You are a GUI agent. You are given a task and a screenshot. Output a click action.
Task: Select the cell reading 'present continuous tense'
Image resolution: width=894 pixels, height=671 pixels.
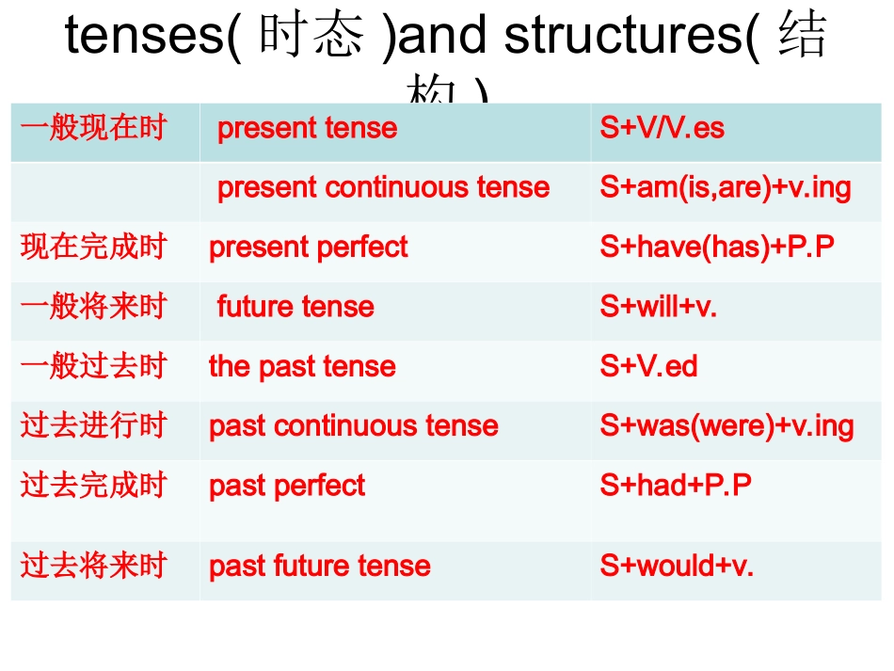383,187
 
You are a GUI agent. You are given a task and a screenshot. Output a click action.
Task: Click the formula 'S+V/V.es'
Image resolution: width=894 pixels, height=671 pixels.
662,128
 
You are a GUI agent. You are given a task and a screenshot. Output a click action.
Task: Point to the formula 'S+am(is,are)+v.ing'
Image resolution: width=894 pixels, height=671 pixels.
725,187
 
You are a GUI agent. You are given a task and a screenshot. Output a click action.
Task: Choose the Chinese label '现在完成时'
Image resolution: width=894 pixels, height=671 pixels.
93,247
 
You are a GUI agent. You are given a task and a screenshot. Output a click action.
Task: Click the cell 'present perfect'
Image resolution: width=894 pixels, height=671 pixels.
308,248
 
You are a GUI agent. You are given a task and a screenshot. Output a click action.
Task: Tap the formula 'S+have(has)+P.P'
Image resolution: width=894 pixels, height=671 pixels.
717,248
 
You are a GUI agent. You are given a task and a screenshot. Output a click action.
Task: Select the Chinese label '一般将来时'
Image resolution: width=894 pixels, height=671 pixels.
93,306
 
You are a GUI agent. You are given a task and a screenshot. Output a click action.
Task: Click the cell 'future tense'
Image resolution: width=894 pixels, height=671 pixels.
295,307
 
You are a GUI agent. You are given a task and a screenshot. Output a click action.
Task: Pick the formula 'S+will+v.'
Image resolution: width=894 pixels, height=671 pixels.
658,307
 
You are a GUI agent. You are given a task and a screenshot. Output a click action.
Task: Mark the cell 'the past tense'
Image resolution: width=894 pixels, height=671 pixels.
302,366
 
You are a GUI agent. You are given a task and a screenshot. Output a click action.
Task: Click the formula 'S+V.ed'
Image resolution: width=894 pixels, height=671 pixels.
648,366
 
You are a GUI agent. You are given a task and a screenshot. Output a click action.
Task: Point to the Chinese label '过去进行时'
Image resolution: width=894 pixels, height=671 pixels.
93,425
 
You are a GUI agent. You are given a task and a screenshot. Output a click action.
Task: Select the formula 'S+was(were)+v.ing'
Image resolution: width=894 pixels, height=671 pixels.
726,426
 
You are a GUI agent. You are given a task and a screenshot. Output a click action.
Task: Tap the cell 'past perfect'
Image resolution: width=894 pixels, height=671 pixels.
287,486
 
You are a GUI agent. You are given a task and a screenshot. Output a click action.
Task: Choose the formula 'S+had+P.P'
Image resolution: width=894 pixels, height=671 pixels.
676,486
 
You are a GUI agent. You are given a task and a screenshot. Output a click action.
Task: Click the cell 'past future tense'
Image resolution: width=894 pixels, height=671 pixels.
320,566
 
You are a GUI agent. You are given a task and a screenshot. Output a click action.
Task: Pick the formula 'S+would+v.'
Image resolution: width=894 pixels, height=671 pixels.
677,566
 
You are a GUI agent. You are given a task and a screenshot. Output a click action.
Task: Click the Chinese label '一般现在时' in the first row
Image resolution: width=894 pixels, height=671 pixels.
93,127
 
